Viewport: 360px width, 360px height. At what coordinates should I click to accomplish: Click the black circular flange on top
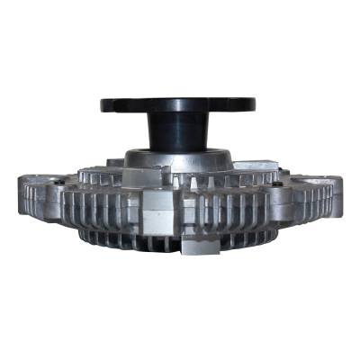tap(179, 103)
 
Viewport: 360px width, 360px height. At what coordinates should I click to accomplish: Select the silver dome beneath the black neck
tap(180, 160)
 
